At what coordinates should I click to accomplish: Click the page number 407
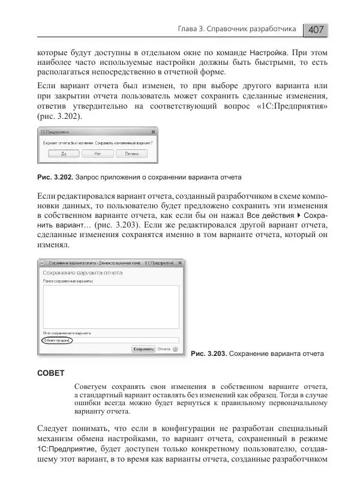coord(317,29)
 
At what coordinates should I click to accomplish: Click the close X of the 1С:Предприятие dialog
coord(154,131)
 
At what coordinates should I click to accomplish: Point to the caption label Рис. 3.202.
coord(55,178)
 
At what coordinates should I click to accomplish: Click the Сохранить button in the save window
coord(144,348)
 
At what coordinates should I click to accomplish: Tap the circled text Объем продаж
coord(56,340)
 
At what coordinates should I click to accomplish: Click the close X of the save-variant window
coord(181,263)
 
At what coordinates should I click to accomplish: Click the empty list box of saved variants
coord(110,306)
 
